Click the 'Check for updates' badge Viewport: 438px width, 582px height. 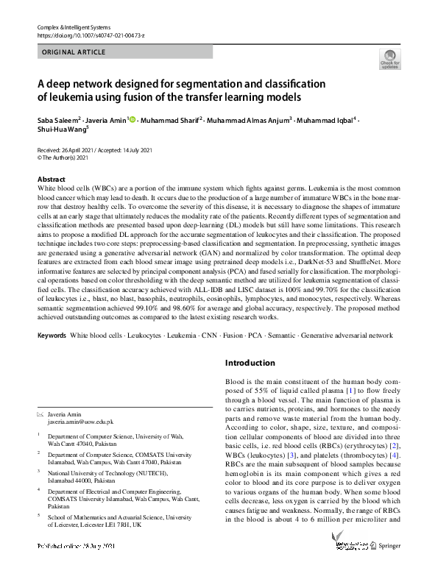pyautogui.click(x=389, y=59)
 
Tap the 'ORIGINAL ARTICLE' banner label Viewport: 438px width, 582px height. pyautogui.click(x=74, y=52)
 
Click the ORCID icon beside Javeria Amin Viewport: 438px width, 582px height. pyautogui.click(x=133, y=119)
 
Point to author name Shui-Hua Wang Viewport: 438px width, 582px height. pyautogui.click(x=61, y=131)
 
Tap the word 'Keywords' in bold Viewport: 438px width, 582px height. pyautogui.click(x=51, y=336)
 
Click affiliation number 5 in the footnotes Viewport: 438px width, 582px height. pyautogui.click(x=39, y=516)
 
